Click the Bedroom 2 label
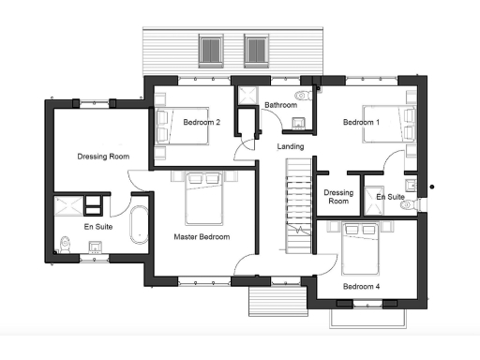tap(202, 123)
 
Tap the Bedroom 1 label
tap(361, 123)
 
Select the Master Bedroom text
tap(202, 237)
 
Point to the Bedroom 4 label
tap(361, 286)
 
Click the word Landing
tap(290, 147)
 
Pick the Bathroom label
tap(280, 105)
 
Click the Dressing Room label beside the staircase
tap(337, 197)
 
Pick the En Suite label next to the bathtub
tap(97, 227)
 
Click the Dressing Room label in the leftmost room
tap(103, 156)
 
